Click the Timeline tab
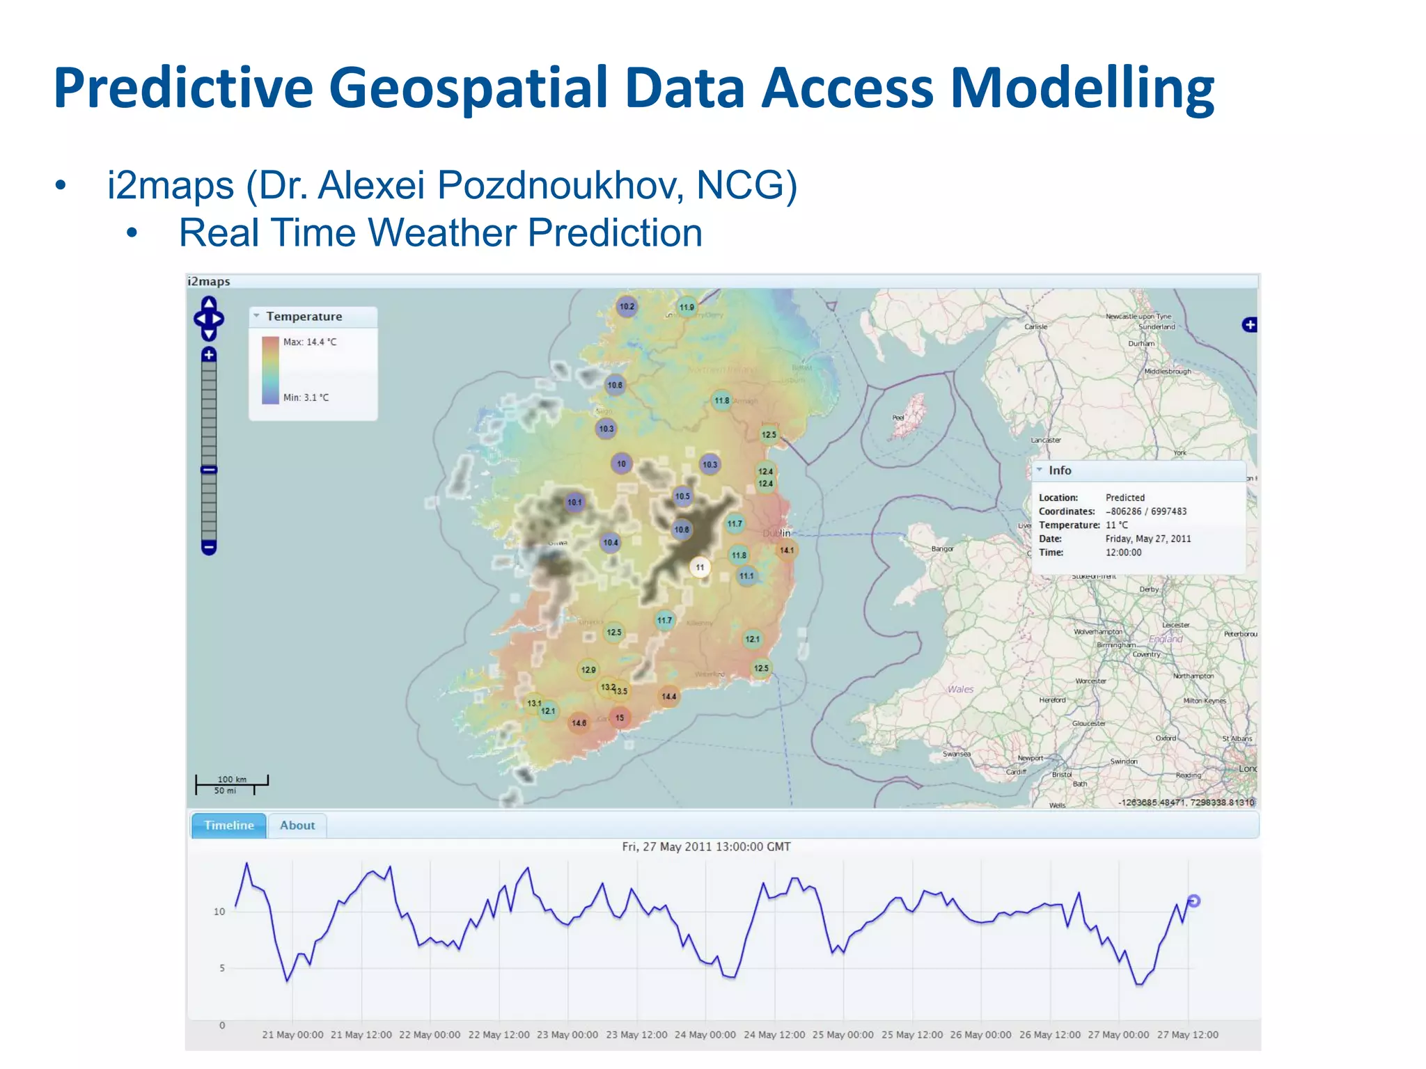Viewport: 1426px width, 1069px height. click(x=228, y=825)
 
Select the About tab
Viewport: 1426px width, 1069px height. click(x=297, y=825)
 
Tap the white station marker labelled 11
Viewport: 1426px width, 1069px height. click(x=700, y=567)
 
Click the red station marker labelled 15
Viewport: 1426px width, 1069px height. click(x=620, y=718)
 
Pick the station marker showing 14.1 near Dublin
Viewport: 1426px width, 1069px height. click(x=787, y=551)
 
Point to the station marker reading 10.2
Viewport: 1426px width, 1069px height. click(x=627, y=306)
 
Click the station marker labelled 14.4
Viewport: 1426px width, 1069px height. click(x=668, y=696)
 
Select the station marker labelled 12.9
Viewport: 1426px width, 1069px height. click(x=588, y=670)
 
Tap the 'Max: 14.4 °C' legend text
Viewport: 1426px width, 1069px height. click(x=309, y=342)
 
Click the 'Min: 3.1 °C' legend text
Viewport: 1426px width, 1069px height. click(x=306, y=397)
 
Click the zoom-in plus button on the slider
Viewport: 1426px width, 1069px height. click(x=209, y=355)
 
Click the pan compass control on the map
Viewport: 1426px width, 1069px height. click(x=209, y=319)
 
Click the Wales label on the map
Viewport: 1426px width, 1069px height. click(x=960, y=689)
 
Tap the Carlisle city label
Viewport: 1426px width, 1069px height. click(x=1035, y=326)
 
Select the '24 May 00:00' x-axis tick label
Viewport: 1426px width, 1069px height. click(x=705, y=1035)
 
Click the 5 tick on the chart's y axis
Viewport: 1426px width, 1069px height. click(x=222, y=968)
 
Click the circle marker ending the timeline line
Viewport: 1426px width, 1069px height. click(x=1193, y=901)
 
